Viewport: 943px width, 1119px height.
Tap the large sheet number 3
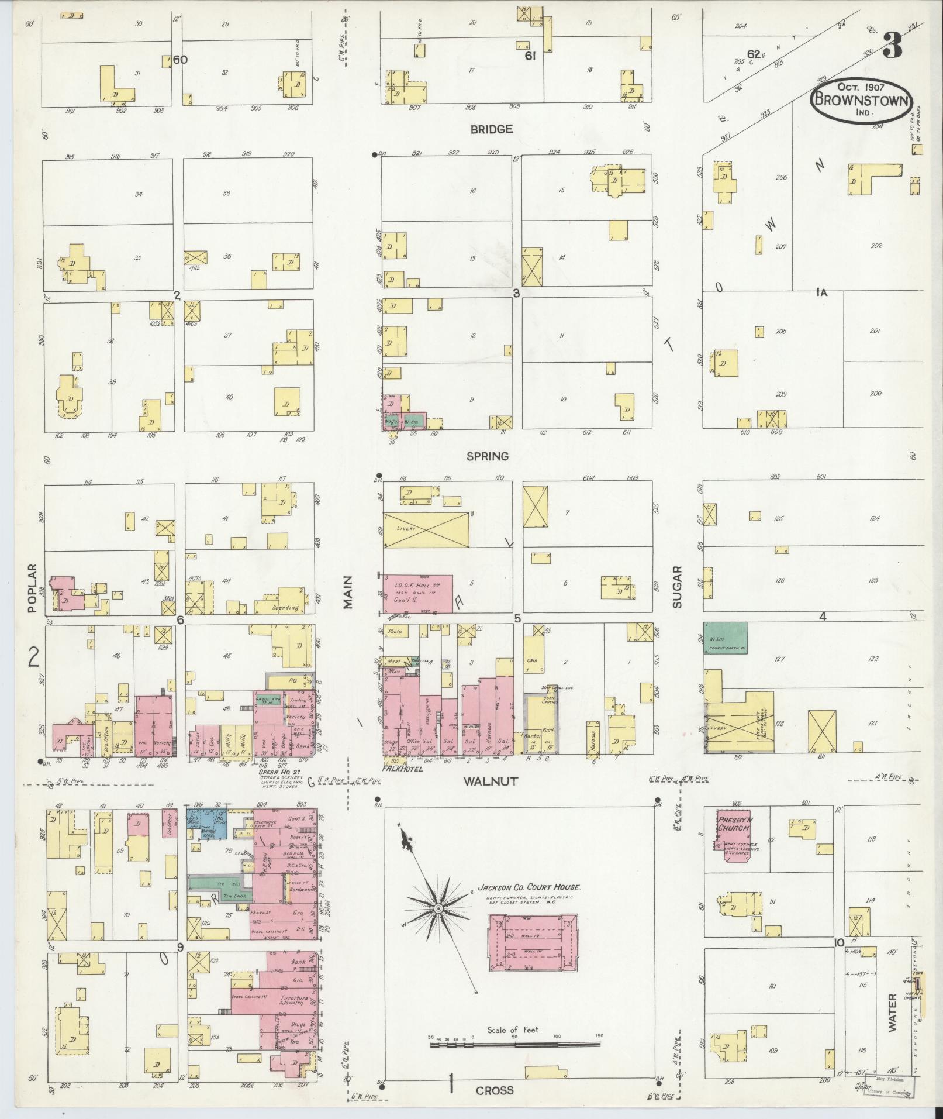click(x=892, y=45)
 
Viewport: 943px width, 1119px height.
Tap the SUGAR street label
click(x=677, y=587)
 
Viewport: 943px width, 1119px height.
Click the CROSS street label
click(x=494, y=1090)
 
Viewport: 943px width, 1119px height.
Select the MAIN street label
click(x=349, y=592)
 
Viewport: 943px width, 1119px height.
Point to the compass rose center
click(x=437, y=924)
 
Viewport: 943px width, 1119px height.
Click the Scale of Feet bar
click(x=514, y=1043)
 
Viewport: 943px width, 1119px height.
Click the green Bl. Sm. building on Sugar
click(x=725, y=638)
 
